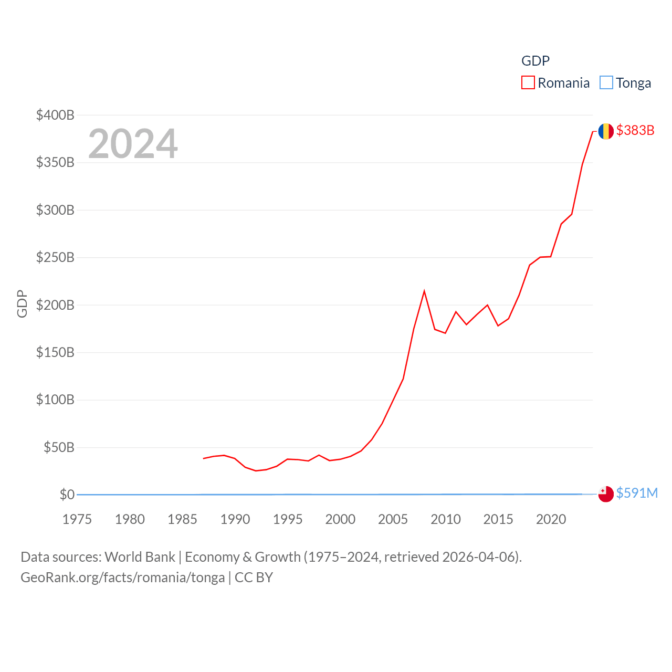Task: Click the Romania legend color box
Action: pyautogui.click(x=528, y=83)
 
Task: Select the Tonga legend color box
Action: pyautogui.click(x=606, y=83)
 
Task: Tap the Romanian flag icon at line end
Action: pyautogui.click(x=606, y=131)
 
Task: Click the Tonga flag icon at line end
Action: pyautogui.click(x=606, y=494)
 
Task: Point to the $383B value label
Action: pyautogui.click(x=635, y=130)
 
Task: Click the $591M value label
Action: pyautogui.click(x=637, y=493)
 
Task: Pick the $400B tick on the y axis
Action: pyautogui.click(x=55, y=115)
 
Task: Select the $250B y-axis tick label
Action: pyautogui.click(x=55, y=257)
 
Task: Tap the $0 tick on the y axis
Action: pyautogui.click(x=67, y=495)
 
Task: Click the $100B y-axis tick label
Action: pyautogui.click(x=55, y=400)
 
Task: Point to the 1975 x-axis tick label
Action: pyautogui.click(x=77, y=519)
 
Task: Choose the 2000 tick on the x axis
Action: pyautogui.click(x=340, y=519)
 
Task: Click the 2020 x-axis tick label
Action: pyautogui.click(x=551, y=519)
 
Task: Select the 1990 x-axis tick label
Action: pyautogui.click(x=235, y=519)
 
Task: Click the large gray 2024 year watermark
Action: pyautogui.click(x=133, y=144)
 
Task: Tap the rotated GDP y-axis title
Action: pyautogui.click(x=22, y=303)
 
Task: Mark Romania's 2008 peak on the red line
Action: pyautogui.click(x=424, y=291)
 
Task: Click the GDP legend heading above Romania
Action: pyautogui.click(x=535, y=61)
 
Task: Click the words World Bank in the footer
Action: pyautogui.click(x=140, y=557)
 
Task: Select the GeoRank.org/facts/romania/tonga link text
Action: pyautogui.click(x=122, y=577)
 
